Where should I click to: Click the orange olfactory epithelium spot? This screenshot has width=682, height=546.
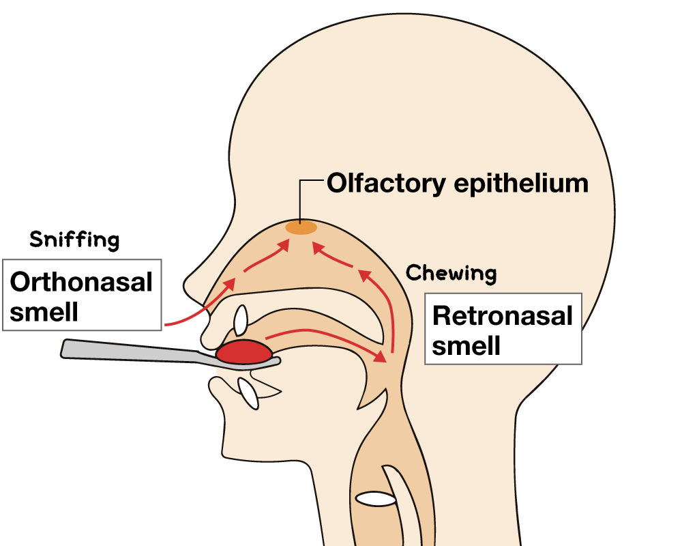301,228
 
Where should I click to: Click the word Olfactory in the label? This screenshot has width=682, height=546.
386,184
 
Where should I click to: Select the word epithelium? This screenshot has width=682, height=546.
521,184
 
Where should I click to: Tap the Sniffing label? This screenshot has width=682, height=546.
74,240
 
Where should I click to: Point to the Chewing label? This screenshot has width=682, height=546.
451,274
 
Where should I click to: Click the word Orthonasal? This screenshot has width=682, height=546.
81,282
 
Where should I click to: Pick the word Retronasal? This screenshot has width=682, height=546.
503,316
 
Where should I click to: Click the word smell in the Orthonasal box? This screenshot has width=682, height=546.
44,312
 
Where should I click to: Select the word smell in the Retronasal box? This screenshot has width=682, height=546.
466,346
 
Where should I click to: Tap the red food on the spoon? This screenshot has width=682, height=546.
244,351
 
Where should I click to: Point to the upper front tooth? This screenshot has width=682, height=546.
241,321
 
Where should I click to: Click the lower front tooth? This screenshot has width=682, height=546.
248,394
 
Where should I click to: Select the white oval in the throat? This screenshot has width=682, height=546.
375,499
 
